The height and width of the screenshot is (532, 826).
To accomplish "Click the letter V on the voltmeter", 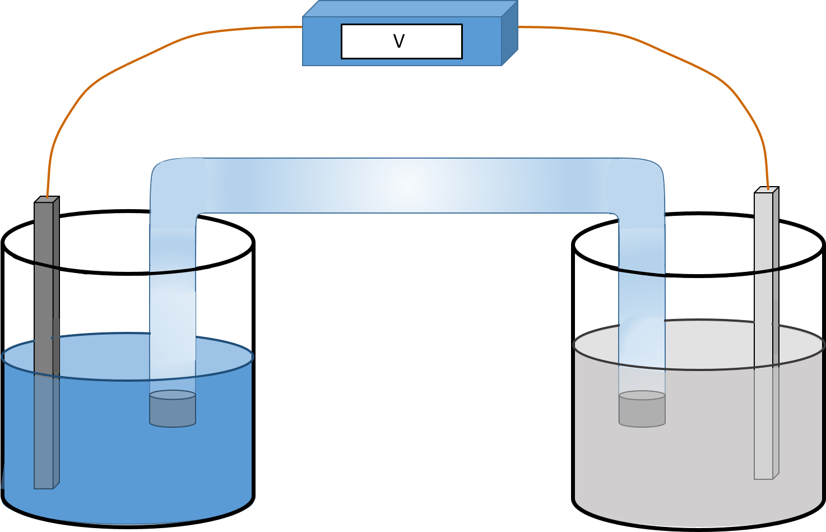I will (x=398, y=41).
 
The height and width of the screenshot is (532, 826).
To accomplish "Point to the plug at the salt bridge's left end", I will (x=173, y=409).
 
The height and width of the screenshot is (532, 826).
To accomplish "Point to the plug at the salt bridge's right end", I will (x=642, y=409).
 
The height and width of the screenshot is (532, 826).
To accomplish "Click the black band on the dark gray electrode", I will (x=47, y=265).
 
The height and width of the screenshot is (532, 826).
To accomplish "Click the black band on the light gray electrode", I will (x=766, y=271).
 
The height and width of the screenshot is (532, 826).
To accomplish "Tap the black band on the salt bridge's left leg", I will (x=173, y=272).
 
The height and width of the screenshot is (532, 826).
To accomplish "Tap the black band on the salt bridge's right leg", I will (x=642, y=273).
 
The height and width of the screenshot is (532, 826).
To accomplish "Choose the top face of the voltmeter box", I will (x=409, y=8).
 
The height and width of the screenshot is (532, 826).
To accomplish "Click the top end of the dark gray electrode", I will (x=46, y=200).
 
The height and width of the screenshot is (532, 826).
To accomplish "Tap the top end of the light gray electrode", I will (x=765, y=191).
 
